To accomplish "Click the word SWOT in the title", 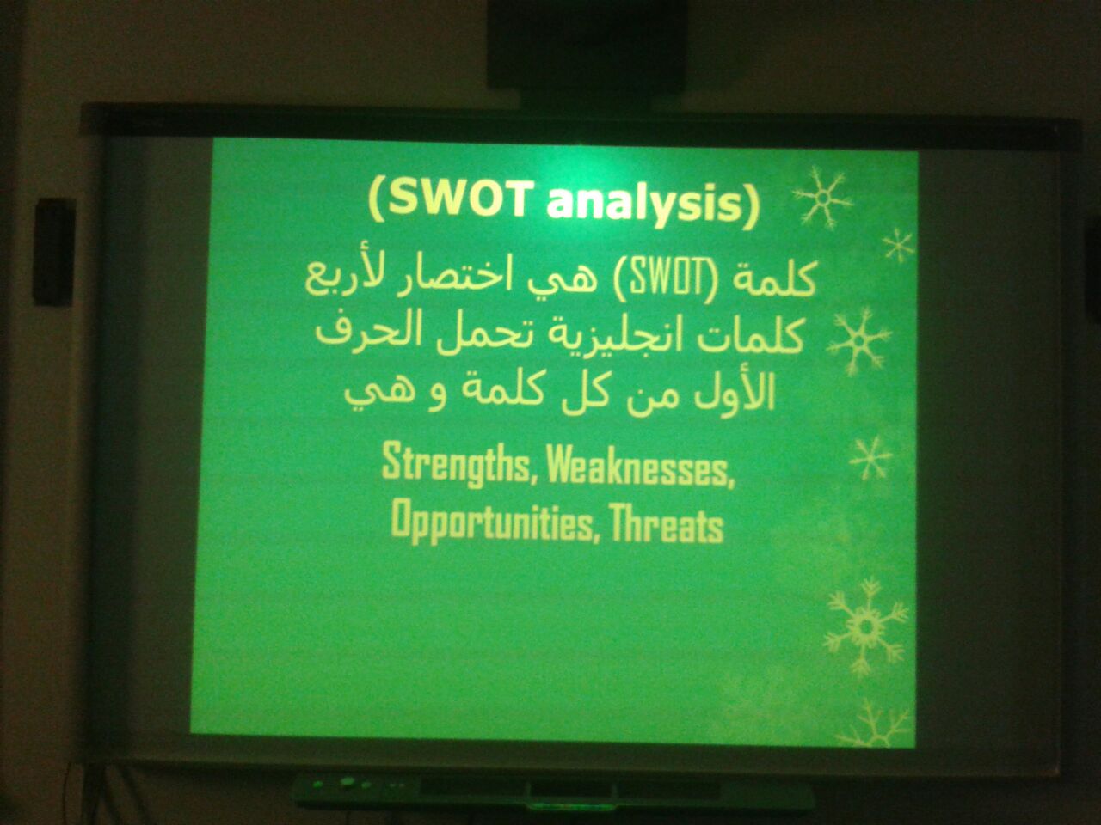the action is point(458,198).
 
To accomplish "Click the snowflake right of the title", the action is point(822,198).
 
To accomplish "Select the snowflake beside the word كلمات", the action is point(858,342).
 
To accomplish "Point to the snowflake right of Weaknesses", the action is point(870,457).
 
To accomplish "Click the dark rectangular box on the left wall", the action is point(54,252).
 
